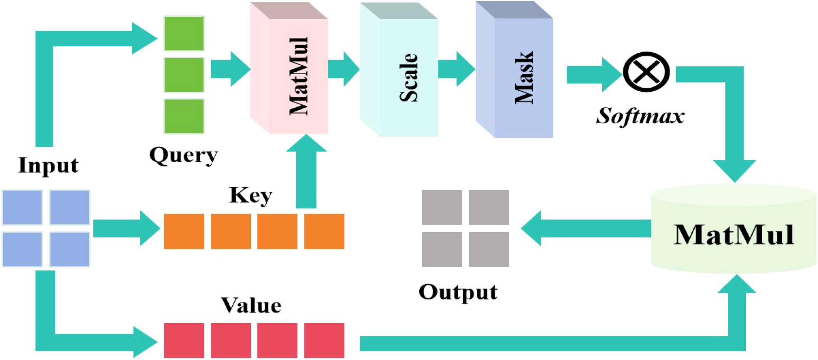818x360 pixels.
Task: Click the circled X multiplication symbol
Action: (x=646, y=72)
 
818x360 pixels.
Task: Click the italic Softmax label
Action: (x=640, y=117)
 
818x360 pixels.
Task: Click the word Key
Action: (x=251, y=196)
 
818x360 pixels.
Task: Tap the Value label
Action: (x=251, y=305)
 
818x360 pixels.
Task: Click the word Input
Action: (x=48, y=165)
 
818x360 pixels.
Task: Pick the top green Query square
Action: (x=184, y=33)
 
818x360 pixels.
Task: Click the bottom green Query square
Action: (x=184, y=116)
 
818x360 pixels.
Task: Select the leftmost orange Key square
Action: (x=184, y=231)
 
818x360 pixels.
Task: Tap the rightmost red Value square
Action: (x=324, y=340)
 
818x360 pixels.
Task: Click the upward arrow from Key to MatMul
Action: (x=306, y=173)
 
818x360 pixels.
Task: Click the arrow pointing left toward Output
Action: (x=582, y=228)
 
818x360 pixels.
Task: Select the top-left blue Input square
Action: (x=22, y=207)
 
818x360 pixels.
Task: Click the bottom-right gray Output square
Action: (x=489, y=249)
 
